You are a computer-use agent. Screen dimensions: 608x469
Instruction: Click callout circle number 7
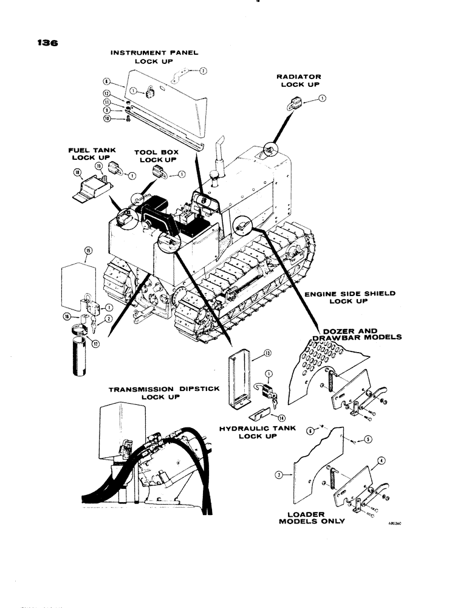[x=204, y=71]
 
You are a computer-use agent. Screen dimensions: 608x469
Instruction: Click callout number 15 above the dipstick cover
[x=89, y=250]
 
